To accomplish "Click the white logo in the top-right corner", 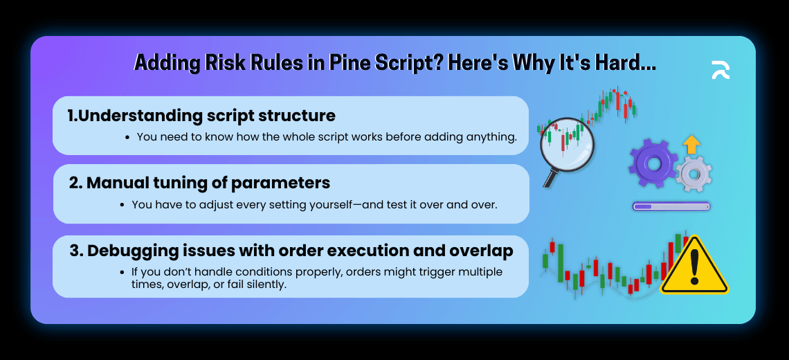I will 720,70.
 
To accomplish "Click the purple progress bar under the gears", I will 671,206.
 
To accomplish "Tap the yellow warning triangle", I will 693,267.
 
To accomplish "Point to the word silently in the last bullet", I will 262,285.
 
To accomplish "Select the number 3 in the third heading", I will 74,251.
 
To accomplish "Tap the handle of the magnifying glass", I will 550,177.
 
